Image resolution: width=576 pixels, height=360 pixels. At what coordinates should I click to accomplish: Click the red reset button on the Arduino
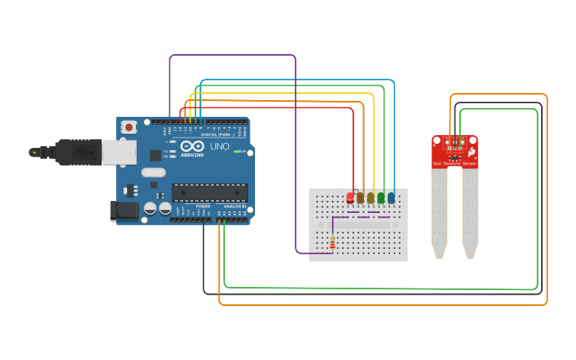(x=129, y=126)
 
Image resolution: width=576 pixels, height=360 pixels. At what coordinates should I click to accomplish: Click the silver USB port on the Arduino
(x=118, y=153)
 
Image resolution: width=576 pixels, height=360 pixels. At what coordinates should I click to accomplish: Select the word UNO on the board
(x=219, y=147)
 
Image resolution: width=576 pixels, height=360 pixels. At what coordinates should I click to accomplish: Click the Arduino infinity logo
(x=192, y=146)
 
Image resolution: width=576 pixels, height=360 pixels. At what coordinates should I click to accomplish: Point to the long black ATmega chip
(x=210, y=192)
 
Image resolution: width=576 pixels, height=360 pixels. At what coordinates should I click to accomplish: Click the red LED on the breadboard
(x=350, y=197)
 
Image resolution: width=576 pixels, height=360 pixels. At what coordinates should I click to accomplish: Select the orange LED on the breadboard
(x=361, y=197)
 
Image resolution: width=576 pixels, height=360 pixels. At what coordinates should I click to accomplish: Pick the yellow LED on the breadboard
(x=371, y=197)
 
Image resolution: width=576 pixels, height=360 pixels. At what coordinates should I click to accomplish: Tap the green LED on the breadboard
(x=381, y=197)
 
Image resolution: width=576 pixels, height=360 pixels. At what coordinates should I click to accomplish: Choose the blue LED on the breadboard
(x=391, y=197)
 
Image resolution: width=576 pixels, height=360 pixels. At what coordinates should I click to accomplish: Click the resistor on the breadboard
(x=332, y=242)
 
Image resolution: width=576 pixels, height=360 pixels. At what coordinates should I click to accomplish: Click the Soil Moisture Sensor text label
(x=454, y=164)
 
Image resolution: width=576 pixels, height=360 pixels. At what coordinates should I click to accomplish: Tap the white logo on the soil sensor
(x=472, y=150)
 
